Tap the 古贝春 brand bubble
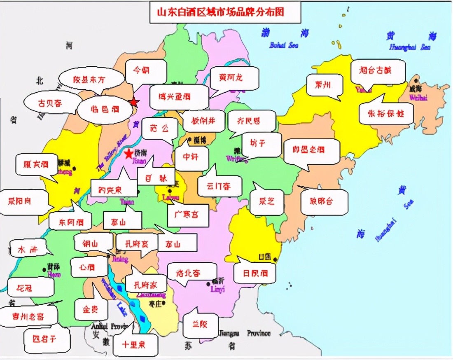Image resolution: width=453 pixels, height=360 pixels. [x=50, y=103]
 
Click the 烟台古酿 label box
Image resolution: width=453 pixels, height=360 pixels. [x=378, y=71]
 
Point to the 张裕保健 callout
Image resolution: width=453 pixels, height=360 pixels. [x=386, y=113]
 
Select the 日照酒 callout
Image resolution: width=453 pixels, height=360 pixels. [x=254, y=273]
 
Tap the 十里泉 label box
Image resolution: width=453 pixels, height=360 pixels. [x=134, y=345]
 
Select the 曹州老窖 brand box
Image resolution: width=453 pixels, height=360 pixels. [x=28, y=316]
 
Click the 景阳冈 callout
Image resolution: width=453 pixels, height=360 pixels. [x=20, y=202]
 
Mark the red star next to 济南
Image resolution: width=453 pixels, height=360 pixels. [x=129, y=154]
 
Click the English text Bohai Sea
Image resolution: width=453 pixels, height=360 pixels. [x=283, y=45]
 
